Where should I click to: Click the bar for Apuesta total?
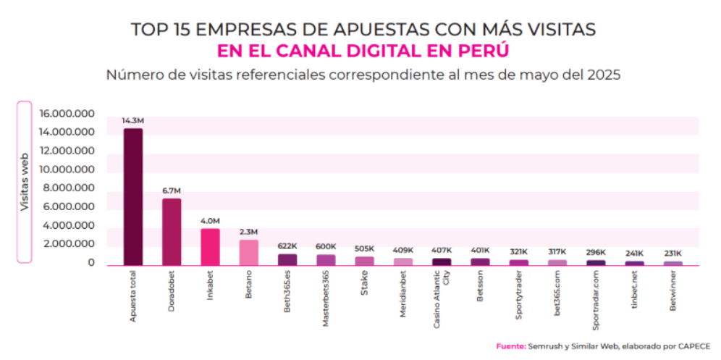pos(133,196)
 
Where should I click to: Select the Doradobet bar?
pos(172,231)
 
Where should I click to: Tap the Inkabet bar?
pos(210,246)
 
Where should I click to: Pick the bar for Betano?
pos(248,251)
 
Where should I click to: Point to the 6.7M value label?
pos(172,190)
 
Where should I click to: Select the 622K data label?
pos(287,246)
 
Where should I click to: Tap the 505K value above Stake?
pos(364,248)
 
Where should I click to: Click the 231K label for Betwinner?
pos(672,254)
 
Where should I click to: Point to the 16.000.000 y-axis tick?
pos(67,114)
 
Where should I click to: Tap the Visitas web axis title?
pos(25,182)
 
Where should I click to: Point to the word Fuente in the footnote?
pos(510,346)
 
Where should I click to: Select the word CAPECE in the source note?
pos(693,346)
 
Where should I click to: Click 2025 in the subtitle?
pos(602,75)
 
